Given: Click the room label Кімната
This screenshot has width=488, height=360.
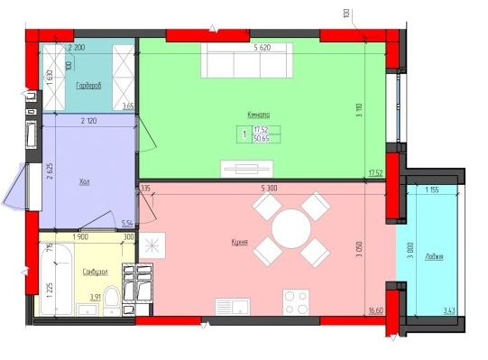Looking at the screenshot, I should pos(259,115).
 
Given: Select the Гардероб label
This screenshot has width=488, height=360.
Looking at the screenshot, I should pos(87,86).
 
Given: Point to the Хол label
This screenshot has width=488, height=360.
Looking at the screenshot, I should pos(84,182).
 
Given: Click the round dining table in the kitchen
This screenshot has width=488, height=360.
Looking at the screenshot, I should pos(290,229).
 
